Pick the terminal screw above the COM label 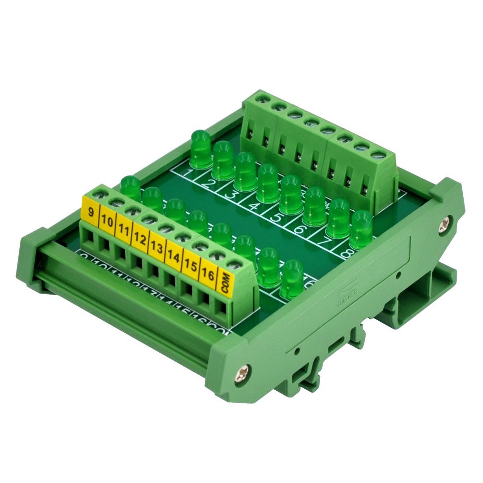coord(234,264)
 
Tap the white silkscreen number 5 coord(277,217)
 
